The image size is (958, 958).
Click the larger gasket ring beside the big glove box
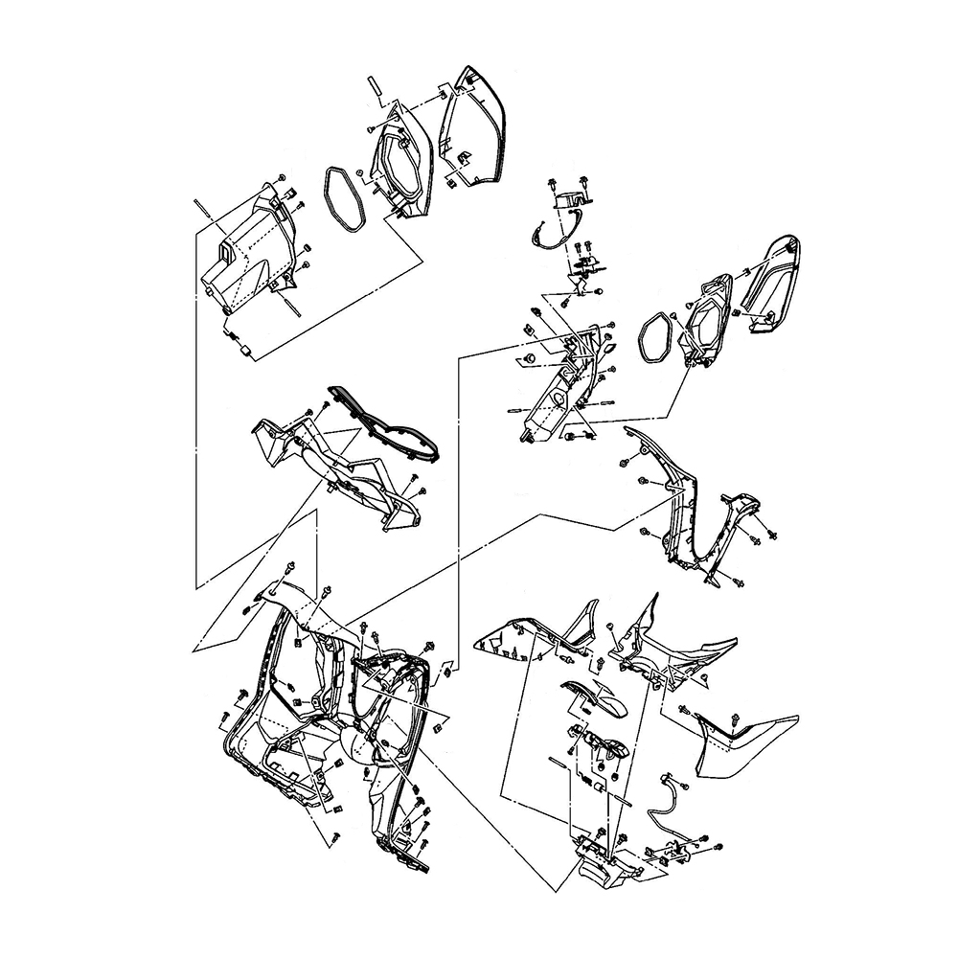[x=343, y=199]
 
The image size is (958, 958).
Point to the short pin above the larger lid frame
[x=376, y=90]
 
